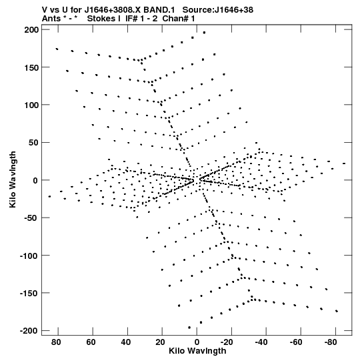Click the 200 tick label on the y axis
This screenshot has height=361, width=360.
(32, 30)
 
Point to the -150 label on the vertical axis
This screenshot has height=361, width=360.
(29, 293)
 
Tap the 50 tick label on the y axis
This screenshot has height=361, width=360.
(34, 143)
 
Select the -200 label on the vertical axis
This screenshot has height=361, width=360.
(29, 330)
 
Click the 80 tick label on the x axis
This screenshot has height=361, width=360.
(56, 342)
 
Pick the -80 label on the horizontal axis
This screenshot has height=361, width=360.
(331, 342)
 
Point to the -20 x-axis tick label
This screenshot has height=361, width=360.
(227, 342)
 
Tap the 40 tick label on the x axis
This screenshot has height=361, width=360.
(125, 342)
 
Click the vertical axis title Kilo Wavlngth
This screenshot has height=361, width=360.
(13, 179)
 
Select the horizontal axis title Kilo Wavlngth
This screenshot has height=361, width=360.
(197, 351)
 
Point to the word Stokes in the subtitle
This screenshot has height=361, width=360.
(101, 19)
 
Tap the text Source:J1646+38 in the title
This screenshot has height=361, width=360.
(217, 9)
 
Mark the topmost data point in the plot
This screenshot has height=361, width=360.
(204, 33)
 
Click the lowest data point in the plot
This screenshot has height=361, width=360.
(189, 328)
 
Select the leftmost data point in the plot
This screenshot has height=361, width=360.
(49, 196)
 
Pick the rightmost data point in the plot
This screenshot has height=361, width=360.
(344, 163)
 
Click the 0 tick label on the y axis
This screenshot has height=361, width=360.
(35, 180)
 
